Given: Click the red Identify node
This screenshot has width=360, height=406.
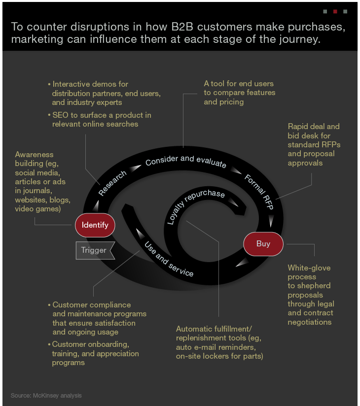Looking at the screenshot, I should [95, 226].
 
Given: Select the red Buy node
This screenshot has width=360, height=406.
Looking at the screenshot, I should [263, 243].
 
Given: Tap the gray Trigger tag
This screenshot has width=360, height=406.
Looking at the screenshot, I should [94, 250].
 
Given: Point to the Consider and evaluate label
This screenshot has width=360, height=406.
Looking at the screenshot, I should [185, 161].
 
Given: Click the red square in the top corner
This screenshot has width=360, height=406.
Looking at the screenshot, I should [335, 11].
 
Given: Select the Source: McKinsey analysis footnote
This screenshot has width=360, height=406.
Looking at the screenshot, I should [46, 395].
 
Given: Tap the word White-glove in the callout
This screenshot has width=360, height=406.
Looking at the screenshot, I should [309, 268].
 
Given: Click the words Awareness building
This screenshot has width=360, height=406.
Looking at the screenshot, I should [34, 159].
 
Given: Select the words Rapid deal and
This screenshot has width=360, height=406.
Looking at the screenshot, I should [314, 127].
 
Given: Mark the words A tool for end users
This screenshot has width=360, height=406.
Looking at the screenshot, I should [239, 83].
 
